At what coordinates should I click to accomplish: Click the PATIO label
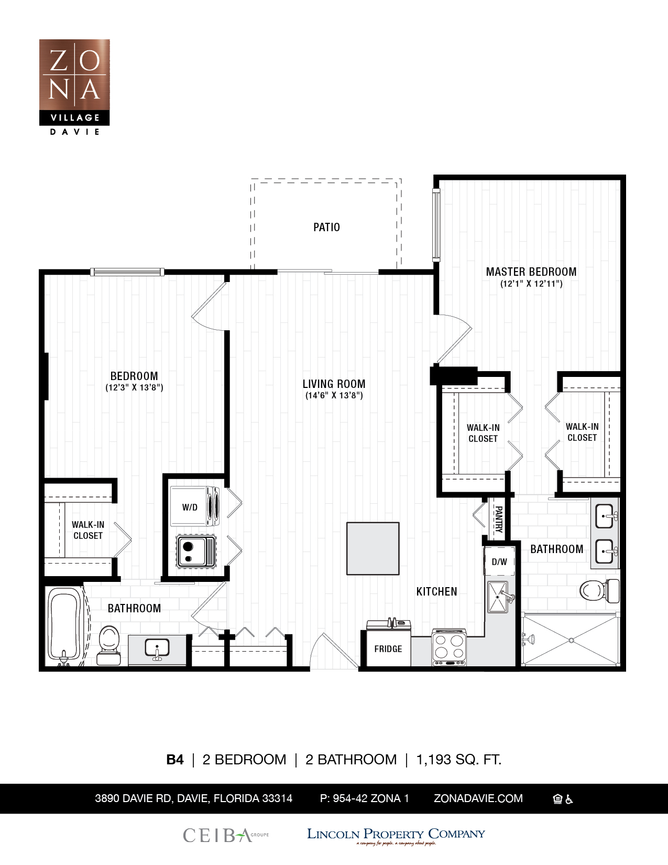coord(326,228)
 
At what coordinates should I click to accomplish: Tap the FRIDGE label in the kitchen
coord(388,649)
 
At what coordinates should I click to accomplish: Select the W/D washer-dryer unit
coord(195,507)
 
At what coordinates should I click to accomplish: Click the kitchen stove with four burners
coord(449,647)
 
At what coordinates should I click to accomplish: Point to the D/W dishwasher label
coord(499,561)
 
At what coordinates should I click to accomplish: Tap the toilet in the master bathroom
coord(599,591)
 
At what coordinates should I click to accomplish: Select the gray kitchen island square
coord(373,548)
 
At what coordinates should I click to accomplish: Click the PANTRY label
coord(498,519)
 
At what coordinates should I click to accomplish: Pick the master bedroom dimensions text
coord(531,284)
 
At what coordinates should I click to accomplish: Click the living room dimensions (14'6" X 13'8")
coord(334,395)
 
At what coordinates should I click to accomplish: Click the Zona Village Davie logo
coord(74,87)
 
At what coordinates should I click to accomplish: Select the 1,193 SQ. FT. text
coord(459,760)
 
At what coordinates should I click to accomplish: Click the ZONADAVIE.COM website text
coord(478,798)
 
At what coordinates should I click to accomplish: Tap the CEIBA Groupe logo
coord(226,835)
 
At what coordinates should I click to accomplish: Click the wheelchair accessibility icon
coord(570,799)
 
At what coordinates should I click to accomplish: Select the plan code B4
coord(174,760)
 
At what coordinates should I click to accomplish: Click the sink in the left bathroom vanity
coord(157,649)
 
